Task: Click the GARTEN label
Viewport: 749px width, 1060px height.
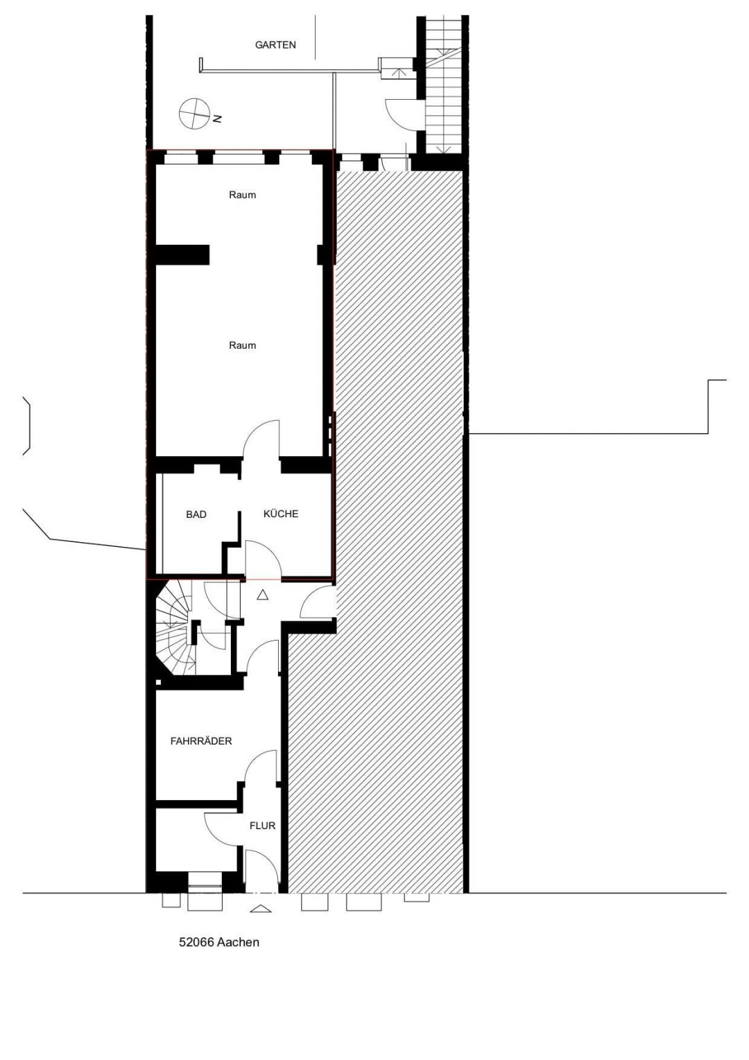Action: (x=275, y=45)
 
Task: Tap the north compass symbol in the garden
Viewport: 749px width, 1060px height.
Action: (x=193, y=114)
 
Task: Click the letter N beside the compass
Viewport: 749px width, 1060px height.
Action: (x=217, y=119)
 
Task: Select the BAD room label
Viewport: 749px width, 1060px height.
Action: (x=196, y=514)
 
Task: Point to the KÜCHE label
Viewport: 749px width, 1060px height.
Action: (x=281, y=514)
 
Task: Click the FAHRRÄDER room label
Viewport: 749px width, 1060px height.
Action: (x=201, y=741)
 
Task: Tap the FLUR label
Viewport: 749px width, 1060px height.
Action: (x=263, y=826)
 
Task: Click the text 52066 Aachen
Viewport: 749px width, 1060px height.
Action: (x=219, y=943)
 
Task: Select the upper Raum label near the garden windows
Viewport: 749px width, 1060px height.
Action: (x=243, y=195)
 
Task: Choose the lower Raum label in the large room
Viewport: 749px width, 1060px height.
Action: (x=243, y=345)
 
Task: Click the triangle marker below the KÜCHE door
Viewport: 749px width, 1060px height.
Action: (x=262, y=595)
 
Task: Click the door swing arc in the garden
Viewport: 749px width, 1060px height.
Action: (x=399, y=112)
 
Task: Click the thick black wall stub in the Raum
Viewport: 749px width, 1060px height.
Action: (x=182, y=254)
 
